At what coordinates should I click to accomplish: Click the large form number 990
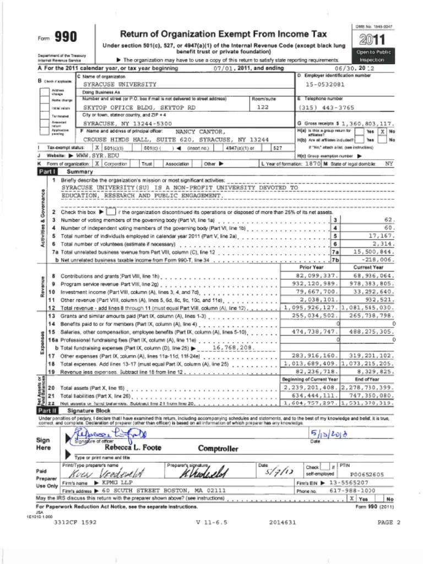pos(64,37)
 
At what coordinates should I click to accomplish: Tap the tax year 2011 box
pos(373,39)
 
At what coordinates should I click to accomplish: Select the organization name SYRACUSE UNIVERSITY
pos(120,85)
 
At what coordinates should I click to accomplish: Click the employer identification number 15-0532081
pos(325,85)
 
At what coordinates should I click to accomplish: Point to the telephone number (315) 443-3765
pos(327,108)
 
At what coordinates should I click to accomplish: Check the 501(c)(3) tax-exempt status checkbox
pos(97,148)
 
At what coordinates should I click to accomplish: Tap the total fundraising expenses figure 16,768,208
pos(232,348)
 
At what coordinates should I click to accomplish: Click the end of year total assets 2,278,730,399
pos(368,388)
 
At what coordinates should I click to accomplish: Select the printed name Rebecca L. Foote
pos(133,448)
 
